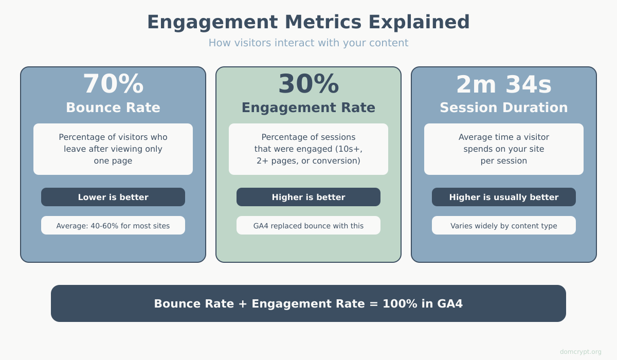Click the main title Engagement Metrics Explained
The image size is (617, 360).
coord(308,22)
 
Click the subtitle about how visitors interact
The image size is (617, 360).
coord(308,43)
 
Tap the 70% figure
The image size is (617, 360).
coord(113,83)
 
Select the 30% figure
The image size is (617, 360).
coord(308,83)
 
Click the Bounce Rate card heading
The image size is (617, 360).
coord(113,107)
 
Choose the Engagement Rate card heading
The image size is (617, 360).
coord(308,107)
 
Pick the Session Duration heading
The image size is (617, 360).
coord(504,107)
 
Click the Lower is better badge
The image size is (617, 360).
coord(113,197)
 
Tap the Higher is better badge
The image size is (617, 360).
coord(308,197)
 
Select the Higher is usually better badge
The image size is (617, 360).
coord(504,197)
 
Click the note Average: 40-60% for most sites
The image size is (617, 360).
coord(113,225)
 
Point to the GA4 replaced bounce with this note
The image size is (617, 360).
coord(308,225)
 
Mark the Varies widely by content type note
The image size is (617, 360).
coord(504,225)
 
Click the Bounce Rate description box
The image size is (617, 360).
coord(113,149)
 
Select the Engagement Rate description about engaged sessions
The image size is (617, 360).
coord(308,149)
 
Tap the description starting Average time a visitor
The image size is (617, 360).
coord(504,149)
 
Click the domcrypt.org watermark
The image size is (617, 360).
coord(580,352)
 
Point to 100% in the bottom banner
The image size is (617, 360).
coord(400,303)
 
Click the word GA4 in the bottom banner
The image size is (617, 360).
coord(450,303)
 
